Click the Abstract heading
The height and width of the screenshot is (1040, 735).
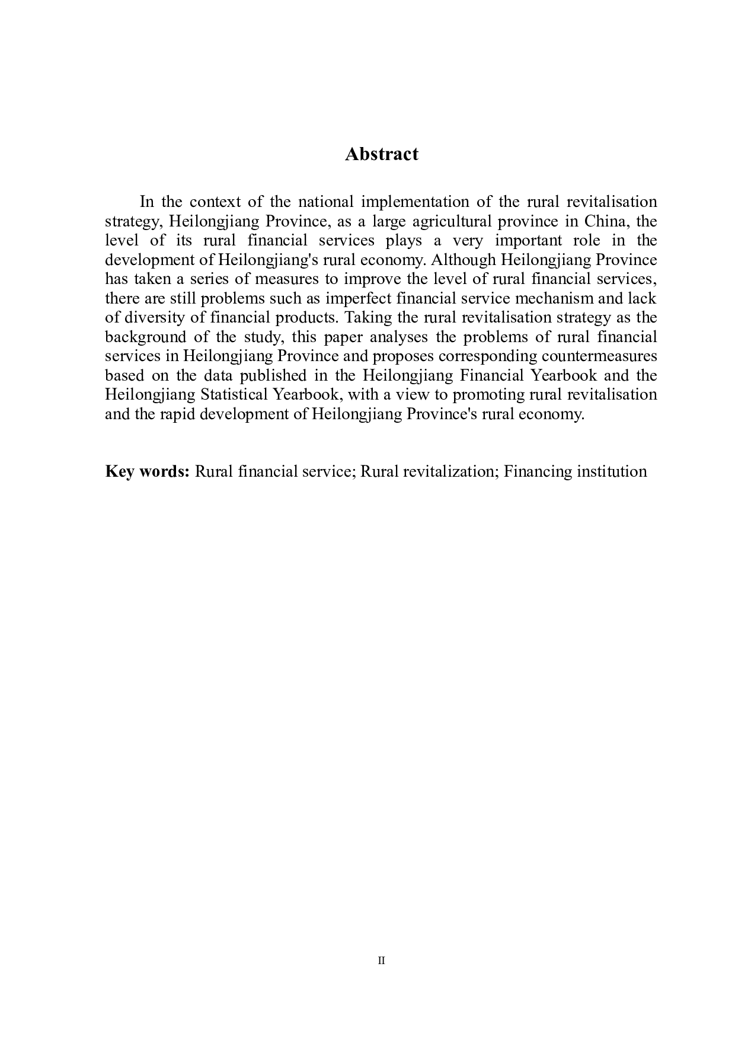[x=381, y=154]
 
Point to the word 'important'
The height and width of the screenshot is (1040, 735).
[x=528, y=241]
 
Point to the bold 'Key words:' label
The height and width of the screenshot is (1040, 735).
[x=147, y=472]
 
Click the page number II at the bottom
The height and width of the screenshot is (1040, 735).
[x=381, y=961]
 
